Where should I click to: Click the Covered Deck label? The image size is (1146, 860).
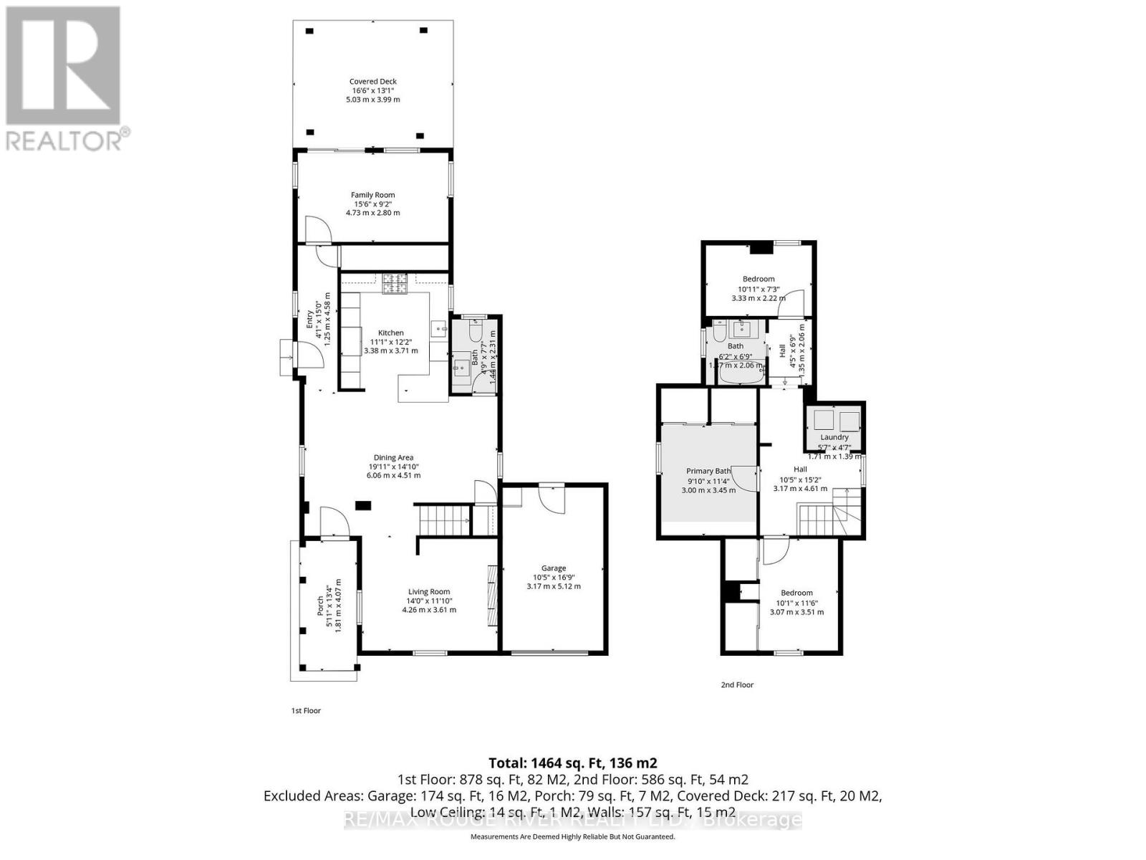pos(372,82)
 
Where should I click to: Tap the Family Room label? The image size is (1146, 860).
pos(372,195)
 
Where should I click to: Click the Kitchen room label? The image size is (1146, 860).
pos(391,333)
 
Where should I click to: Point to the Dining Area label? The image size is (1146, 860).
pos(393,458)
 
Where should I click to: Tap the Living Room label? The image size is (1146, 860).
pos(429,592)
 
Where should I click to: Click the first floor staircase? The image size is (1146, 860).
pos(442,520)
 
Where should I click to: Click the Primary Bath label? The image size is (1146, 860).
pos(708,472)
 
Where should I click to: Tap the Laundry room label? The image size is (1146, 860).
pos(834,437)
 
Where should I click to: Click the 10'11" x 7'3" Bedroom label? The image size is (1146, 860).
pos(758,279)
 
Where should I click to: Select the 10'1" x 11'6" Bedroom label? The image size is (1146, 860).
pos(796,593)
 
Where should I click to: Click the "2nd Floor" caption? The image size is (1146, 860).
pos(737,685)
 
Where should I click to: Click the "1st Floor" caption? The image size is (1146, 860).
pos(306,711)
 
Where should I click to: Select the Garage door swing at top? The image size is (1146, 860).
pos(552,497)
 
